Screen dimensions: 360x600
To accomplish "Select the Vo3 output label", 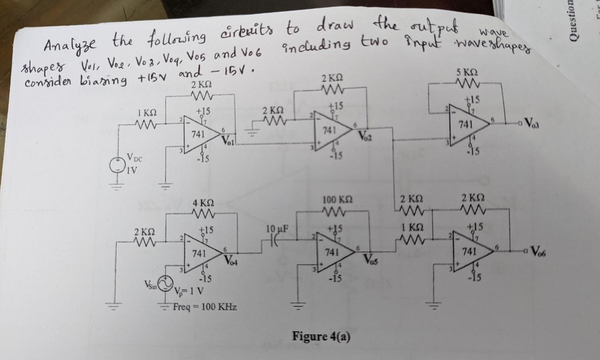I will [x=532, y=124].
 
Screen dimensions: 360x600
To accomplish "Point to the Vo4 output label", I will [x=231, y=261].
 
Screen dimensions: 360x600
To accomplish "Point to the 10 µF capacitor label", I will [x=276, y=229].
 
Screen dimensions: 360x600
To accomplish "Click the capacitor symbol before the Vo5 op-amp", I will [x=275, y=240].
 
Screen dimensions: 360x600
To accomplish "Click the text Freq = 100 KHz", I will [x=204, y=307].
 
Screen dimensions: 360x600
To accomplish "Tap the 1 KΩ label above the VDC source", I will [x=147, y=113].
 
